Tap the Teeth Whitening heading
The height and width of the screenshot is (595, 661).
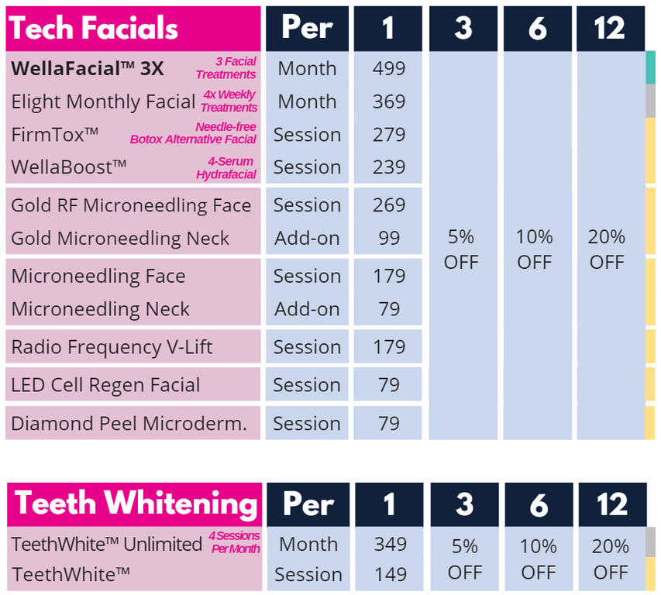(136, 504)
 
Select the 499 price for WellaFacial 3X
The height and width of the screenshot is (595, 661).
(388, 68)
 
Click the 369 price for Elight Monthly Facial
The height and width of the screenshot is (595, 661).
(388, 101)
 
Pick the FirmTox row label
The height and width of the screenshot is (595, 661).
(55, 134)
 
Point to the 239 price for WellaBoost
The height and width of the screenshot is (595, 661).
(388, 167)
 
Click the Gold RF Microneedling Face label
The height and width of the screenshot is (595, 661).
(131, 205)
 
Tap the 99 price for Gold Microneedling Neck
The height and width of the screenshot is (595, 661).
(388, 239)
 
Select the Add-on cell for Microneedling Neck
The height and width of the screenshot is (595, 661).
(307, 309)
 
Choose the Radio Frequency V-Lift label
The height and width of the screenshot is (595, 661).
(112, 347)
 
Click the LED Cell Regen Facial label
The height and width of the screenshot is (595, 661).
(105, 385)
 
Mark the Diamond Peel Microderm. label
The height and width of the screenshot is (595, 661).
(129, 424)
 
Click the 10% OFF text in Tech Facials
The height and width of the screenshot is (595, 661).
(535, 249)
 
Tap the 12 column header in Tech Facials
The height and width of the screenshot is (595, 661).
(610, 29)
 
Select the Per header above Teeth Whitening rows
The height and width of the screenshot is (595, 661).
(308, 504)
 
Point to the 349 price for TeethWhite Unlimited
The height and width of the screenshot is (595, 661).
(390, 545)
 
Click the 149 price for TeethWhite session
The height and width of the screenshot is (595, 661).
(390, 575)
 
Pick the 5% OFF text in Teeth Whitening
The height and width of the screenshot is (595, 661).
(464, 559)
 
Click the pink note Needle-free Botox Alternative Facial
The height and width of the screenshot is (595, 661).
(193, 133)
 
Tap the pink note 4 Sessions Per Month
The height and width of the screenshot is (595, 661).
(235, 542)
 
